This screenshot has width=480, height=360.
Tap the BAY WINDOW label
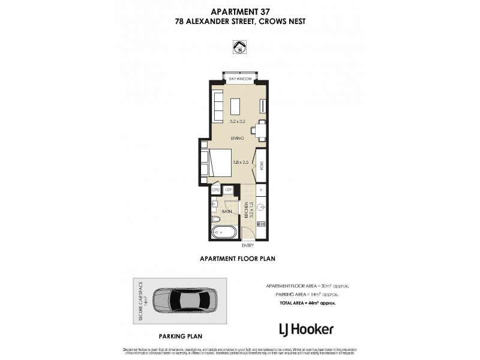coord(240,79)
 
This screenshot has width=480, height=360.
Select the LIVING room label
coord(237,138)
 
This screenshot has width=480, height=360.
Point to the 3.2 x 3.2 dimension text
coord(238,121)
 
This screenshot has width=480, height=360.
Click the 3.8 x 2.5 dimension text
coord(241,160)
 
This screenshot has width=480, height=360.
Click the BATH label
coord(227,211)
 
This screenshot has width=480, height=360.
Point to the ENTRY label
coord(248,245)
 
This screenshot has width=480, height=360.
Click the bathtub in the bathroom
coord(225,232)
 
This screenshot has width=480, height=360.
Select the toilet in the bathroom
coord(216,220)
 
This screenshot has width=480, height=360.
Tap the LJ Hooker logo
coord(307,329)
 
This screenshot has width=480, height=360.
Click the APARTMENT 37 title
coord(240,11)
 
